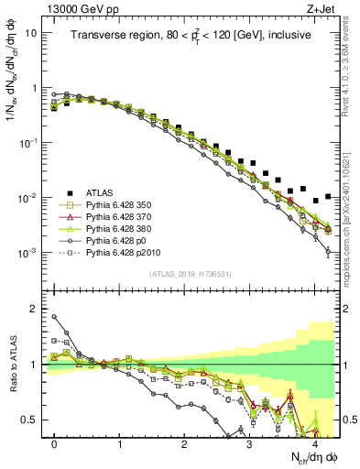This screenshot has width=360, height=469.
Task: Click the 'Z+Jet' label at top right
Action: tap(321, 8)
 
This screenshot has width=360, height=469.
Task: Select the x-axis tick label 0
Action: tap(54, 442)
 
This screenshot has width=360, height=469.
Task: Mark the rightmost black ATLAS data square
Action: tap(328, 195)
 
